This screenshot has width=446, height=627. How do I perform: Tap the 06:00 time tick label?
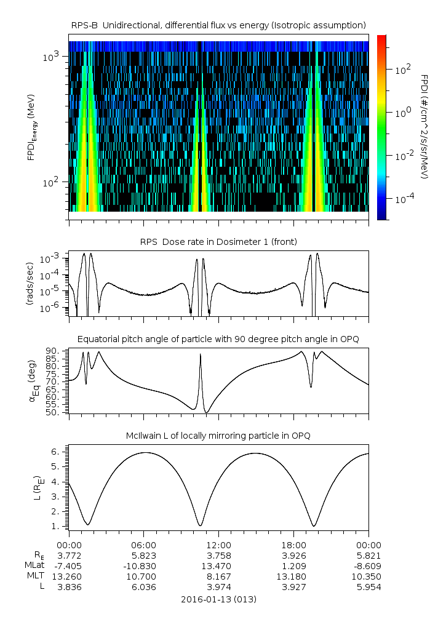(x=144, y=545)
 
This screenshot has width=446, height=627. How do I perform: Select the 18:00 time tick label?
(x=293, y=545)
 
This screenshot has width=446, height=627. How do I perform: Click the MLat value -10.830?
(x=144, y=565)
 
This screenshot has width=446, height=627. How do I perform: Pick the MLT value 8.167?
(x=218, y=577)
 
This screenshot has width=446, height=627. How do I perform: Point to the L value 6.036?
(x=144, y=587)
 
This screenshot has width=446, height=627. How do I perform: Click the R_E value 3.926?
(x=293, y=555)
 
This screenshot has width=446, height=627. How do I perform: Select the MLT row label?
(x=35, y=577)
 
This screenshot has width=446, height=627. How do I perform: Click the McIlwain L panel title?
(x=218, y=436)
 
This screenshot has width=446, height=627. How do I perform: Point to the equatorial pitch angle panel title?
(x=218, y=339)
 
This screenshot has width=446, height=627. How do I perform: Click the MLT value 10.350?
(x=368, y=577)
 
